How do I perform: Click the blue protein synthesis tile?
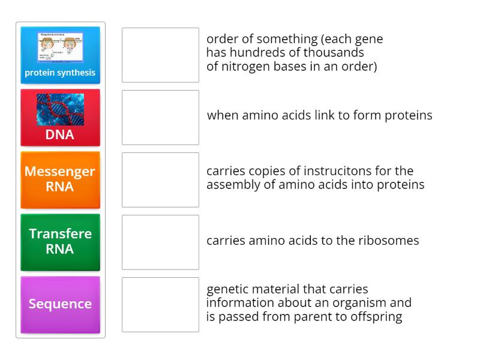coord(60,55)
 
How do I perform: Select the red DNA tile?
coord(60,118)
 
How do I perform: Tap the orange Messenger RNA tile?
coord(60,179)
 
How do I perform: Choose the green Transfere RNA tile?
coord(60,242)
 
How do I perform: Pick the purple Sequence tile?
coord(60,304)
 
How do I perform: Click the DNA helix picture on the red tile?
coord(60,109)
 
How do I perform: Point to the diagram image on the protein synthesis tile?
coord(60,47)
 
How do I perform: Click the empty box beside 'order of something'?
coord(160,55)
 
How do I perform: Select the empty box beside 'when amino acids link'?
coord(160,117)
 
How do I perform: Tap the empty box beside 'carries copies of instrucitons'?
coord(160,179)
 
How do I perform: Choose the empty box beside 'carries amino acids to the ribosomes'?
coord(160,242)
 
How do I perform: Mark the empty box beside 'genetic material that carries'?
coord(160,304)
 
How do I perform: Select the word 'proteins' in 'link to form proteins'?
coord(408,115)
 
